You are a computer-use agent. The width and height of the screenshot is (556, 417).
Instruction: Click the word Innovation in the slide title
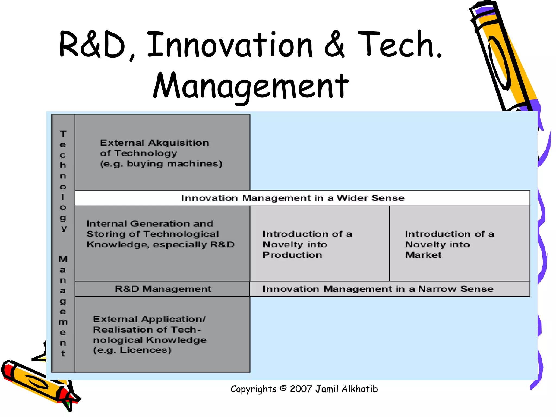click(x=229, y=45)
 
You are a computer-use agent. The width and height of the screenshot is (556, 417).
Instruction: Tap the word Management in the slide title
click(x=251, y=86)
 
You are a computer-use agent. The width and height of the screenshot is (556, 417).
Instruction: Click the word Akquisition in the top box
click(x=178, y=143)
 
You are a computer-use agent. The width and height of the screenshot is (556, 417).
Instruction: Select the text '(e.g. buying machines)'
click(x=161, y=164)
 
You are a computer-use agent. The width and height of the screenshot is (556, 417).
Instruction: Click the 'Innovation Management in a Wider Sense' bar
click(x=293, y=198)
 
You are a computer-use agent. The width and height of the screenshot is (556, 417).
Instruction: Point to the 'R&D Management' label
click(x=163, y=289)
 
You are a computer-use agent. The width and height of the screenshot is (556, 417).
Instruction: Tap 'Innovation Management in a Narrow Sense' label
click(x=378, y=289)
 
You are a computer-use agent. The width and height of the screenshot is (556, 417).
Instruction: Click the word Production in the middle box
click(x=292, y=255)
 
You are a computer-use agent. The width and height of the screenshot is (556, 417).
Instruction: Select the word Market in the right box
click(x=423, y=255)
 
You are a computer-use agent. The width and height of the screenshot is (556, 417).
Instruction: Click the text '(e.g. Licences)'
click(x=132, y=350)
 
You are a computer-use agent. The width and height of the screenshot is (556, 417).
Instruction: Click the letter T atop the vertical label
click(x=63, y=134)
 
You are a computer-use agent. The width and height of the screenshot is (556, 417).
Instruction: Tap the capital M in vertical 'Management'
click(x=63, y=259)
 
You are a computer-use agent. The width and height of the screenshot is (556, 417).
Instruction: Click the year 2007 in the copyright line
click(x=301, y=389)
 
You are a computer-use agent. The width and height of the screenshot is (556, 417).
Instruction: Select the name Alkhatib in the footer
click(x=360, y=389)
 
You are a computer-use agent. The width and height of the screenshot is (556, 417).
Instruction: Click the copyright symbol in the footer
click(x=283, y=388)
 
